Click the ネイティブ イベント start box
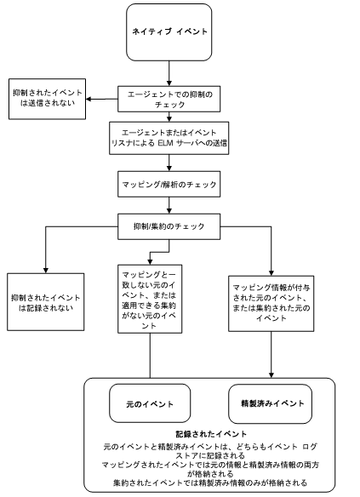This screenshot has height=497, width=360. (171, 31)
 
